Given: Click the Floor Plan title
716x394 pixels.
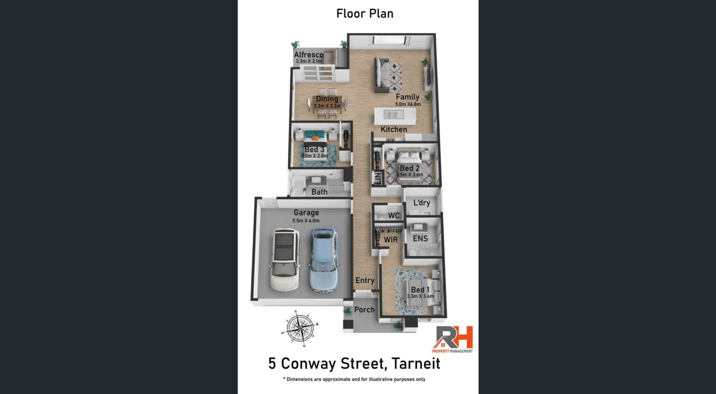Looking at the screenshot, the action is tap(365, 14).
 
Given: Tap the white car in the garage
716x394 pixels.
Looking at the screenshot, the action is tap(285, 259).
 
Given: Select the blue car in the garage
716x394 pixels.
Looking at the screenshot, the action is tap(324, 260).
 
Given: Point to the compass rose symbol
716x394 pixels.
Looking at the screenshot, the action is tap(300, 328).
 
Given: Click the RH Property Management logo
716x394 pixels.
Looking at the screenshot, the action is tap(452, 340).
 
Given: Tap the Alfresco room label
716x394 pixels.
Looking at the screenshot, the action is tap(309, 54).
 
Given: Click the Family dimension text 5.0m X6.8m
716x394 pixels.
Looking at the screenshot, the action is tap(408, 104).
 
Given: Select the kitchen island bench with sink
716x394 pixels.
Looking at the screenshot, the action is tap(395, 116).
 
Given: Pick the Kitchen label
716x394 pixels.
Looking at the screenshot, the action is tap(394, 129).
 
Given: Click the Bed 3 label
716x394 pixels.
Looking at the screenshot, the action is tap(314, 149).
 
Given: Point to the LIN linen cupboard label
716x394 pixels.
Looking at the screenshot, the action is tap(378, 178).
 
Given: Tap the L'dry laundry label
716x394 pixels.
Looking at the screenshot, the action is tap(421, 203).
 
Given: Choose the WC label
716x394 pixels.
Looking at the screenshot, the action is tap(393, 216).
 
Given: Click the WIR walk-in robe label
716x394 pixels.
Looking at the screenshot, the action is tap(391, 239).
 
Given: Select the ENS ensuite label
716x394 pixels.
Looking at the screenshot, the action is tap(420, 238).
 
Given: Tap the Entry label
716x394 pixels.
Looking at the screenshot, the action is tap(365, 280).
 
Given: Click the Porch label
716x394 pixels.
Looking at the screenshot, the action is tap(364, 309).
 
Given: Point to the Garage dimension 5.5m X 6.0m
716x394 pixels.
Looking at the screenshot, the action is tap(306, 221).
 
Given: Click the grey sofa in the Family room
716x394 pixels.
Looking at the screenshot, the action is tap(382, 75).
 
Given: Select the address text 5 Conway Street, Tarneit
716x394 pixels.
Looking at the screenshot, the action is tap(354, 364).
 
